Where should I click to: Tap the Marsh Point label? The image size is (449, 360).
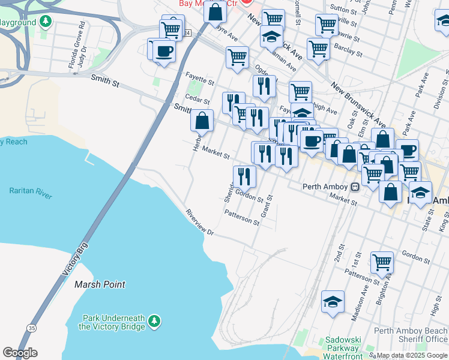[100, 284]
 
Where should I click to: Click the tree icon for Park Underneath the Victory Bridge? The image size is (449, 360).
[155, 322]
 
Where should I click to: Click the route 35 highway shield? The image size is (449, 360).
[31, 327]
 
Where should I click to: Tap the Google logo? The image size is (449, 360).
[20, 353]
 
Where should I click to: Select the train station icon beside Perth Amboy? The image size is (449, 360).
[355, 187]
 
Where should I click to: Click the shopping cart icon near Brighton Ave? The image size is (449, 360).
[382, 262]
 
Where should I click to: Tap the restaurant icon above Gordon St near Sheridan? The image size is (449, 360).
[244, 176]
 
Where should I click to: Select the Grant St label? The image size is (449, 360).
[265, 206]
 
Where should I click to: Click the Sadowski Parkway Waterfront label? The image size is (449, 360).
[342, 348]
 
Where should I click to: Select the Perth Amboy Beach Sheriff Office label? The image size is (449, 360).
[411, 335]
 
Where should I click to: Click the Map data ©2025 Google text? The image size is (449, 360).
[411, 355]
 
